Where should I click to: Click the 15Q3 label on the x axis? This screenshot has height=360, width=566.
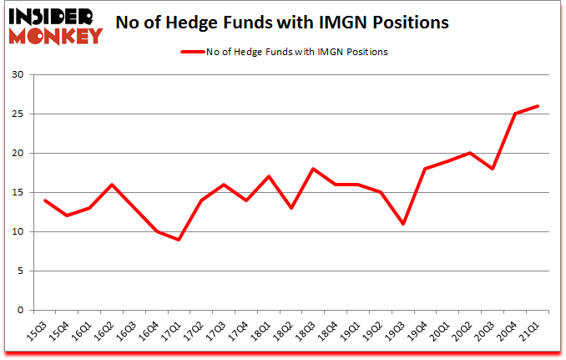(x=34, y=331)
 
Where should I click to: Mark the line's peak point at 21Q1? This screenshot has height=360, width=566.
(x=538, y=106)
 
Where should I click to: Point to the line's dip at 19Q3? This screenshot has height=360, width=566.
(x=403, y=224)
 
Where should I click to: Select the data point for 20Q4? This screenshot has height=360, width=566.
(x=516, y=114)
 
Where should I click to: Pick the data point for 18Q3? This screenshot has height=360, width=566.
(x=313, y=169)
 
